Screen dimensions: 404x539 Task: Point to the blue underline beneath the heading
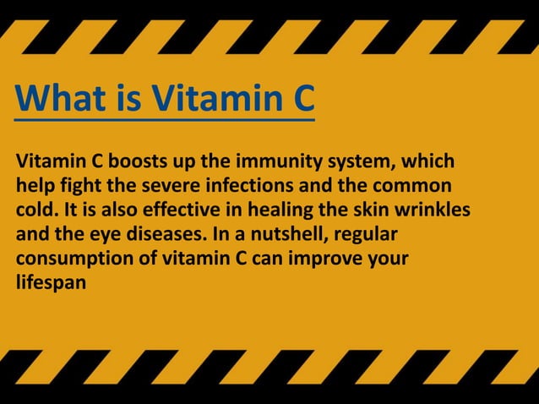point(165,121)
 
